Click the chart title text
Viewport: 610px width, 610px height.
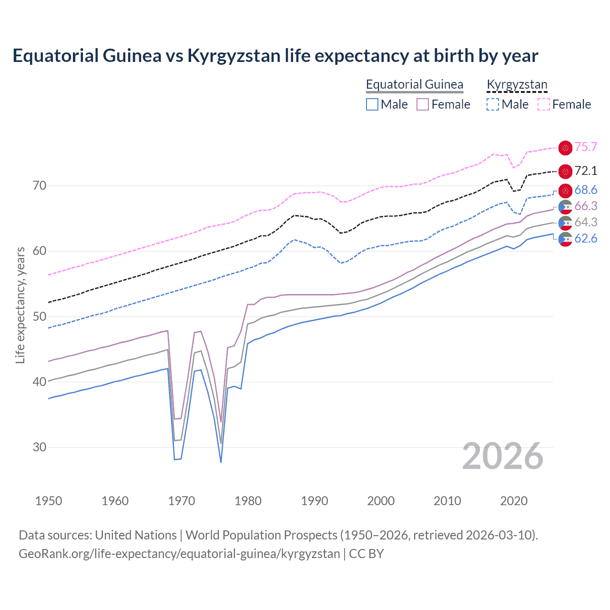[x=275, y=56]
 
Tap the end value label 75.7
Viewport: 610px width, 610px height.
[x=586, y=147]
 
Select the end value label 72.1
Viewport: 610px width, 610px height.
[x=586, y=171]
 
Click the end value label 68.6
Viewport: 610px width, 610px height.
[x=586, y=190]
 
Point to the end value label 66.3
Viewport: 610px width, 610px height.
[x=586, y=206]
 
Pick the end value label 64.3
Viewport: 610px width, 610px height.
[x=586, y=222]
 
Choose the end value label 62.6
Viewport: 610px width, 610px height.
[x=586, y=238]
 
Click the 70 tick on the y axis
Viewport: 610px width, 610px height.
[x=40, y=185]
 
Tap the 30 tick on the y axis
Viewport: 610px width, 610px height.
[x=40, y=447]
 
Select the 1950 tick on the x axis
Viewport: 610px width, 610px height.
[x=49, y=501]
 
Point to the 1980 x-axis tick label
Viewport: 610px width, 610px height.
[x=248, y=501]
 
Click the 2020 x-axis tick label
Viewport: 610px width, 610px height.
[x=514, y=501]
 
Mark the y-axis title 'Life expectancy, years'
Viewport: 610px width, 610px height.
[x=20, y=305]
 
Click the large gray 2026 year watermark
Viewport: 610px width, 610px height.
[x=502, y=456]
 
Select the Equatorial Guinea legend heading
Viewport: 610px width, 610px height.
[x=414, y=84]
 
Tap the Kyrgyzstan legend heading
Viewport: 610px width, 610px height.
[x=517, y=84]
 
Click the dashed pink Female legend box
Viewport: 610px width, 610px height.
[x=544, y=104]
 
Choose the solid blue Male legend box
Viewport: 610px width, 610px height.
[x=372, y=104]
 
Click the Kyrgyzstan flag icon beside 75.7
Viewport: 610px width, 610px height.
[x=565, y=148]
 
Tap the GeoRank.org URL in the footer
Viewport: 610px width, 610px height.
[x=179, y=554]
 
